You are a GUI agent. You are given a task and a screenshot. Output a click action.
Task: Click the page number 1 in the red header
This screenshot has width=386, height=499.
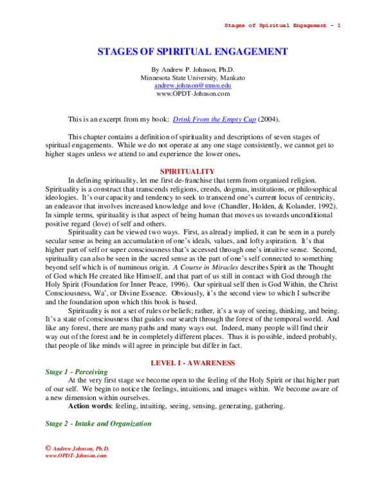pos(338,26)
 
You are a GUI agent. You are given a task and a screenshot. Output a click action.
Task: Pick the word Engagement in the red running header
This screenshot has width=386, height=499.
pos(309,26)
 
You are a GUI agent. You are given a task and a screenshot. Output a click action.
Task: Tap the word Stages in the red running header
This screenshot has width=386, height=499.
pos(234,26)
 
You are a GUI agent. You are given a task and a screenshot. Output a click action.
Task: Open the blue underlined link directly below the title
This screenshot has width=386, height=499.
pos(193,86)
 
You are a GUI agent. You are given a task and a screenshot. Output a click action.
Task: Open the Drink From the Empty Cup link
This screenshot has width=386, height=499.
pos(214,120)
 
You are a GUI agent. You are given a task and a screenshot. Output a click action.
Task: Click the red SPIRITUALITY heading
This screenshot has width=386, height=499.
pos(187,172)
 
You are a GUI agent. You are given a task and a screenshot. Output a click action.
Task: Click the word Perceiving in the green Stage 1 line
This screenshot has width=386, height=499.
pos(91,372)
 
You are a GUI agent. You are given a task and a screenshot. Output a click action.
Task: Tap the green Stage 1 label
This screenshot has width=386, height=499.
pos(56,372)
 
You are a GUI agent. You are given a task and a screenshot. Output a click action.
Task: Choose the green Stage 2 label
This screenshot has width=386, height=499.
pos(56,424)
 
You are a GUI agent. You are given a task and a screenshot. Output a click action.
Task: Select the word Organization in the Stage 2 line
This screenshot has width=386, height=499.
pos(131,424)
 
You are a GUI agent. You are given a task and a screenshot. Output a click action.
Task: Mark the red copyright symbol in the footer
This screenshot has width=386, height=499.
pos(48,448)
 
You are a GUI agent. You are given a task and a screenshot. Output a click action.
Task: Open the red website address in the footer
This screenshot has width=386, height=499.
pos(75,455)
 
